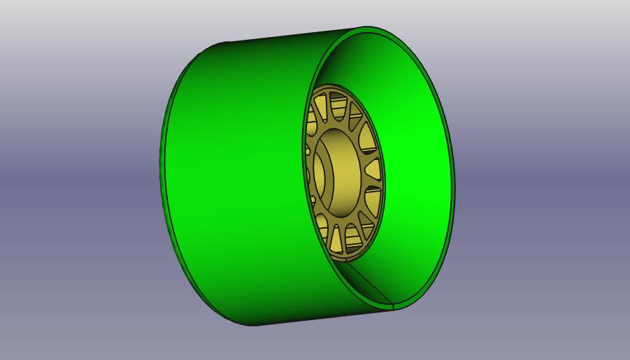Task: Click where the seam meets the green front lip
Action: (x=394, y=307)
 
